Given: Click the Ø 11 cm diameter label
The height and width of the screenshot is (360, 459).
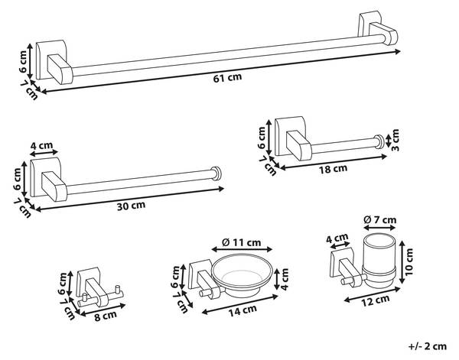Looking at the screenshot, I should point(240,243).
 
